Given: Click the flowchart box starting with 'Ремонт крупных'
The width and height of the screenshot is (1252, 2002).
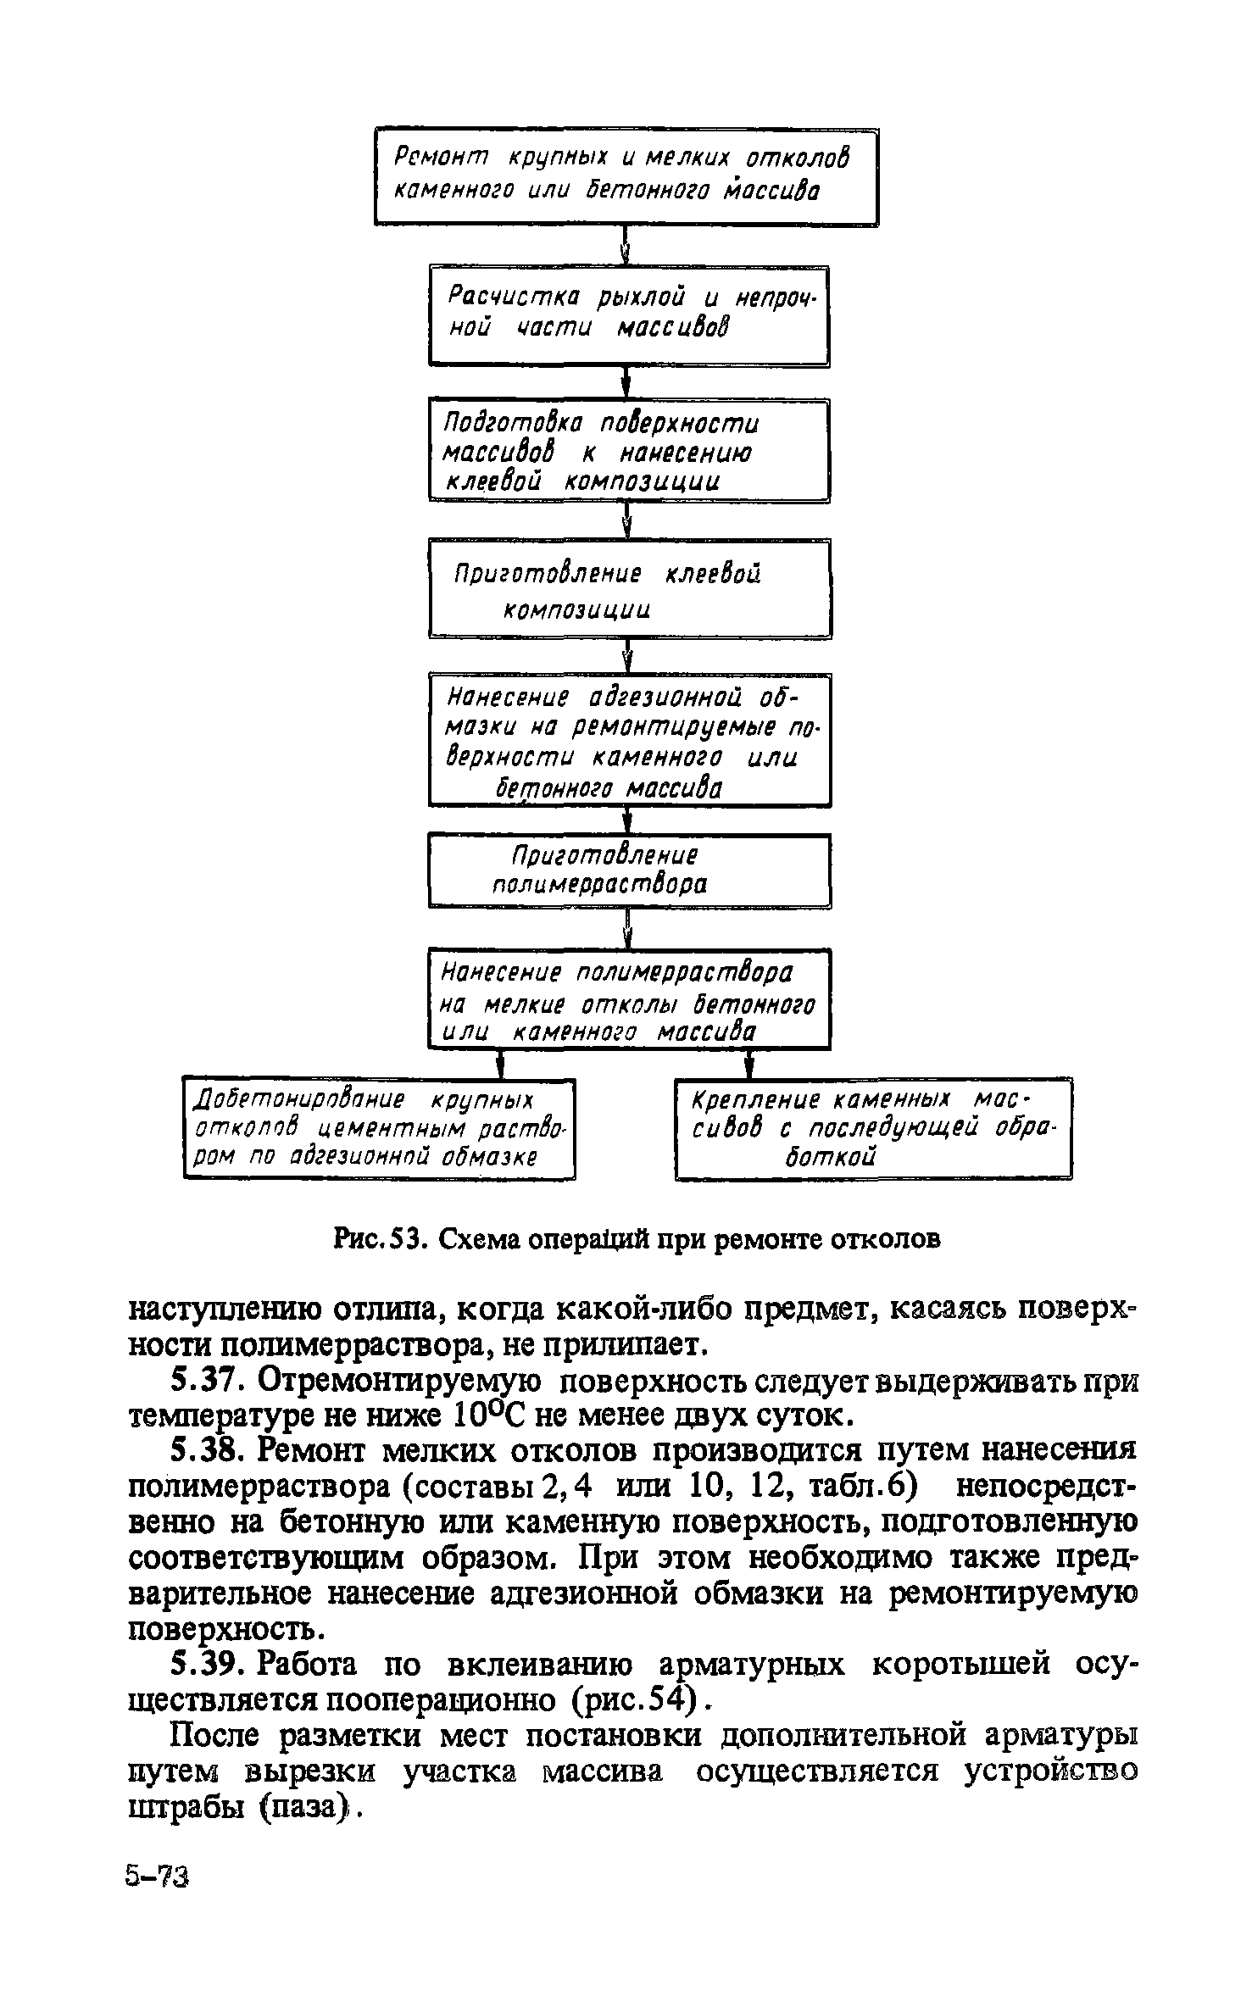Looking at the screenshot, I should point(626,176).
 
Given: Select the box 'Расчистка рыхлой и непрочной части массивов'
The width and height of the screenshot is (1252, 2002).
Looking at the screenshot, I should point(628,314).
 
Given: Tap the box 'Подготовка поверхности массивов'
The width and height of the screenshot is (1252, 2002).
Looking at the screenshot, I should point(628,450).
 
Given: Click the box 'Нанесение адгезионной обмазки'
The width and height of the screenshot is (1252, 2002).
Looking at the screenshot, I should point(629,739).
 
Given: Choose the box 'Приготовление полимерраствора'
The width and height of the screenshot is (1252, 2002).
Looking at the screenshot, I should point(628,870).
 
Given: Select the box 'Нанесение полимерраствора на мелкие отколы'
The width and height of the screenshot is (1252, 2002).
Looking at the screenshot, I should point(628,998).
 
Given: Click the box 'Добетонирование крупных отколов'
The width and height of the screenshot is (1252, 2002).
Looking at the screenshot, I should point(379,1126).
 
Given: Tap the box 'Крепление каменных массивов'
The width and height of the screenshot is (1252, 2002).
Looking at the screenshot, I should point(873,1126).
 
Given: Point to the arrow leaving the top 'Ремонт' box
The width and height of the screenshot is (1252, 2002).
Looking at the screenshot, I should point(626,246).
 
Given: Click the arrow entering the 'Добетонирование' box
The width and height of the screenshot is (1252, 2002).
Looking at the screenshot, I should point(501,1063).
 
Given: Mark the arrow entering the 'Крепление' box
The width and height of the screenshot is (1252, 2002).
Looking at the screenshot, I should point(749,1063).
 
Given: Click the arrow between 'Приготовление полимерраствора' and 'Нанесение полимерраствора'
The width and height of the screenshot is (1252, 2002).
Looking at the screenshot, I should point(628,927).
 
